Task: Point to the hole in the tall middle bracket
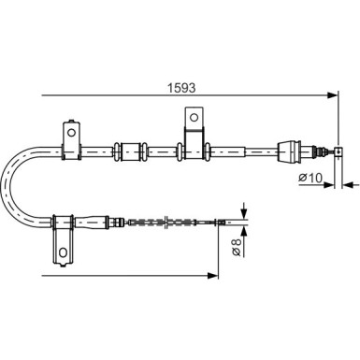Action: point(193,117)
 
